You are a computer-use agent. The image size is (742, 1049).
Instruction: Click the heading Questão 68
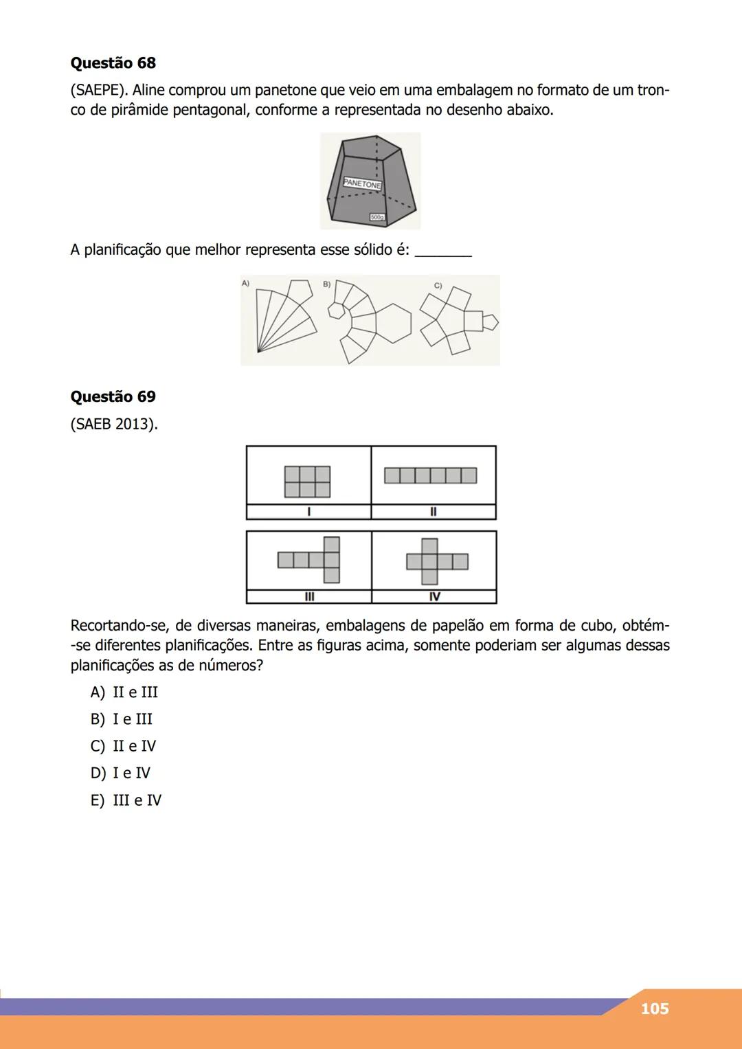point(113,63)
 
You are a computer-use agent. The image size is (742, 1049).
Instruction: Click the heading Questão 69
point(113,397)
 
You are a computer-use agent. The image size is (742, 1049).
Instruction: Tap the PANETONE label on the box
point(362,184)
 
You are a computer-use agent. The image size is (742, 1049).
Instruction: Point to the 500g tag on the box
point(377,217)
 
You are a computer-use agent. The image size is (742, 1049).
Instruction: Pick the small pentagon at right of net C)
point(490,321)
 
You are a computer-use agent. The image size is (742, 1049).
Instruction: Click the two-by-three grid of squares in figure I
point(308,482)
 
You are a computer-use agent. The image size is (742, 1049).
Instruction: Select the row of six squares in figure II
point(430,475)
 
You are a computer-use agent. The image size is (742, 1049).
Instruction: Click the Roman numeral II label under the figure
point(433,512)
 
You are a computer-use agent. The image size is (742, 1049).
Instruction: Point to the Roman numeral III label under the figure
point(308,596)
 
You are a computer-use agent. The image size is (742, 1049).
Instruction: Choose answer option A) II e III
point(124,692)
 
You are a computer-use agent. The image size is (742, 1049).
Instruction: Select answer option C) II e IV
point(124,746)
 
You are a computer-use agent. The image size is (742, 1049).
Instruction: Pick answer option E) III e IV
point(126,800)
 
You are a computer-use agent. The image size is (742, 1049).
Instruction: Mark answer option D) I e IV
point(121,774)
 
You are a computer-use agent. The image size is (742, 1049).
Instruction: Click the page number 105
point(654,1008)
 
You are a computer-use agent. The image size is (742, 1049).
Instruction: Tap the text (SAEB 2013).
point(114,425)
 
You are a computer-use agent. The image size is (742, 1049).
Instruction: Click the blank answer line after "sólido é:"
point(444,251)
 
